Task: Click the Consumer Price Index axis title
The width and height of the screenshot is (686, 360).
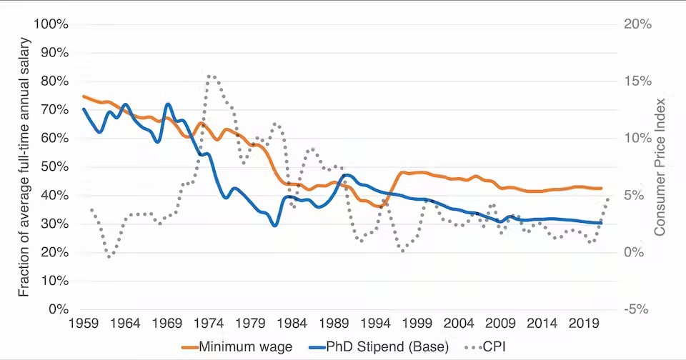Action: point(660,167)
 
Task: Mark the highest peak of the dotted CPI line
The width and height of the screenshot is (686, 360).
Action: point(209,75)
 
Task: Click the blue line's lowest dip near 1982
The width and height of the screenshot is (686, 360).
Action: point(274,226)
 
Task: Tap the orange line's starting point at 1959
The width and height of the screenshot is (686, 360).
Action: point(84,96)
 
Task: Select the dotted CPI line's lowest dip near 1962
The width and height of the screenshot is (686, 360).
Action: point(109,256)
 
